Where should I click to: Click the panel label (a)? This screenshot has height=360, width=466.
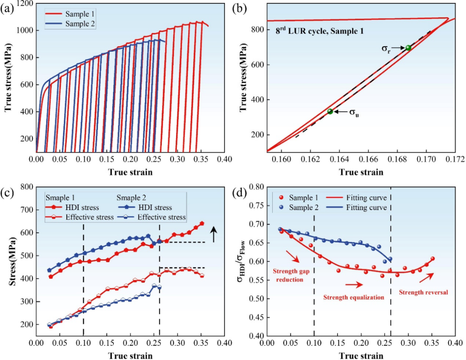[x=7, y=7]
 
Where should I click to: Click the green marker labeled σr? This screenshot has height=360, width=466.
[x=408, y=47]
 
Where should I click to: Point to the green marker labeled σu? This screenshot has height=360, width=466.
[x=330, y=111]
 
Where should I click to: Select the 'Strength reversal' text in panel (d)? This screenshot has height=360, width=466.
[x=423, y=292]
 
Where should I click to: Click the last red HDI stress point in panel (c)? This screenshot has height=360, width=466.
[x=202, y=224]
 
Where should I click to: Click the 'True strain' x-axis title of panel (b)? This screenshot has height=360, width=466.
[x=361, y=172]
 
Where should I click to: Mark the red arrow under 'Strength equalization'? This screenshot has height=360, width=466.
[x=353, y=285]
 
